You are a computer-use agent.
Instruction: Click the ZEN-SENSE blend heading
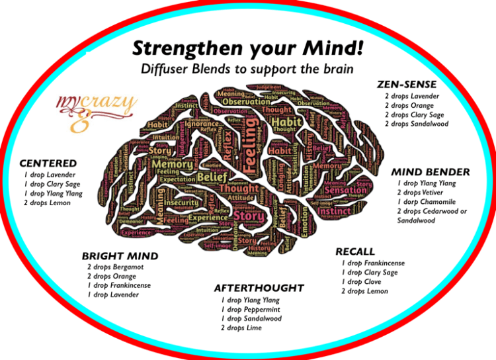407,84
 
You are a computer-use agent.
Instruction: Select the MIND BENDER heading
431,172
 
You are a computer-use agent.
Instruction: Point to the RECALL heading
355,251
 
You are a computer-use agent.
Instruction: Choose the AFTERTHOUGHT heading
259,288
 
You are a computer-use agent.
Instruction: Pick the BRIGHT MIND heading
120,255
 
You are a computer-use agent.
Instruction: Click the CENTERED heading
48,163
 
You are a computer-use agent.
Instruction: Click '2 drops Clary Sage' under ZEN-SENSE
414,114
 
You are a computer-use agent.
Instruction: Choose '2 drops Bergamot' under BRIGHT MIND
116,267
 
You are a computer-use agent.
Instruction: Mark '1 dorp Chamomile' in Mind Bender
427,201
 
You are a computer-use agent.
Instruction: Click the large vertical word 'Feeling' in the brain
253,152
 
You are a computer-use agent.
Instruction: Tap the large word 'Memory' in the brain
176,164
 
